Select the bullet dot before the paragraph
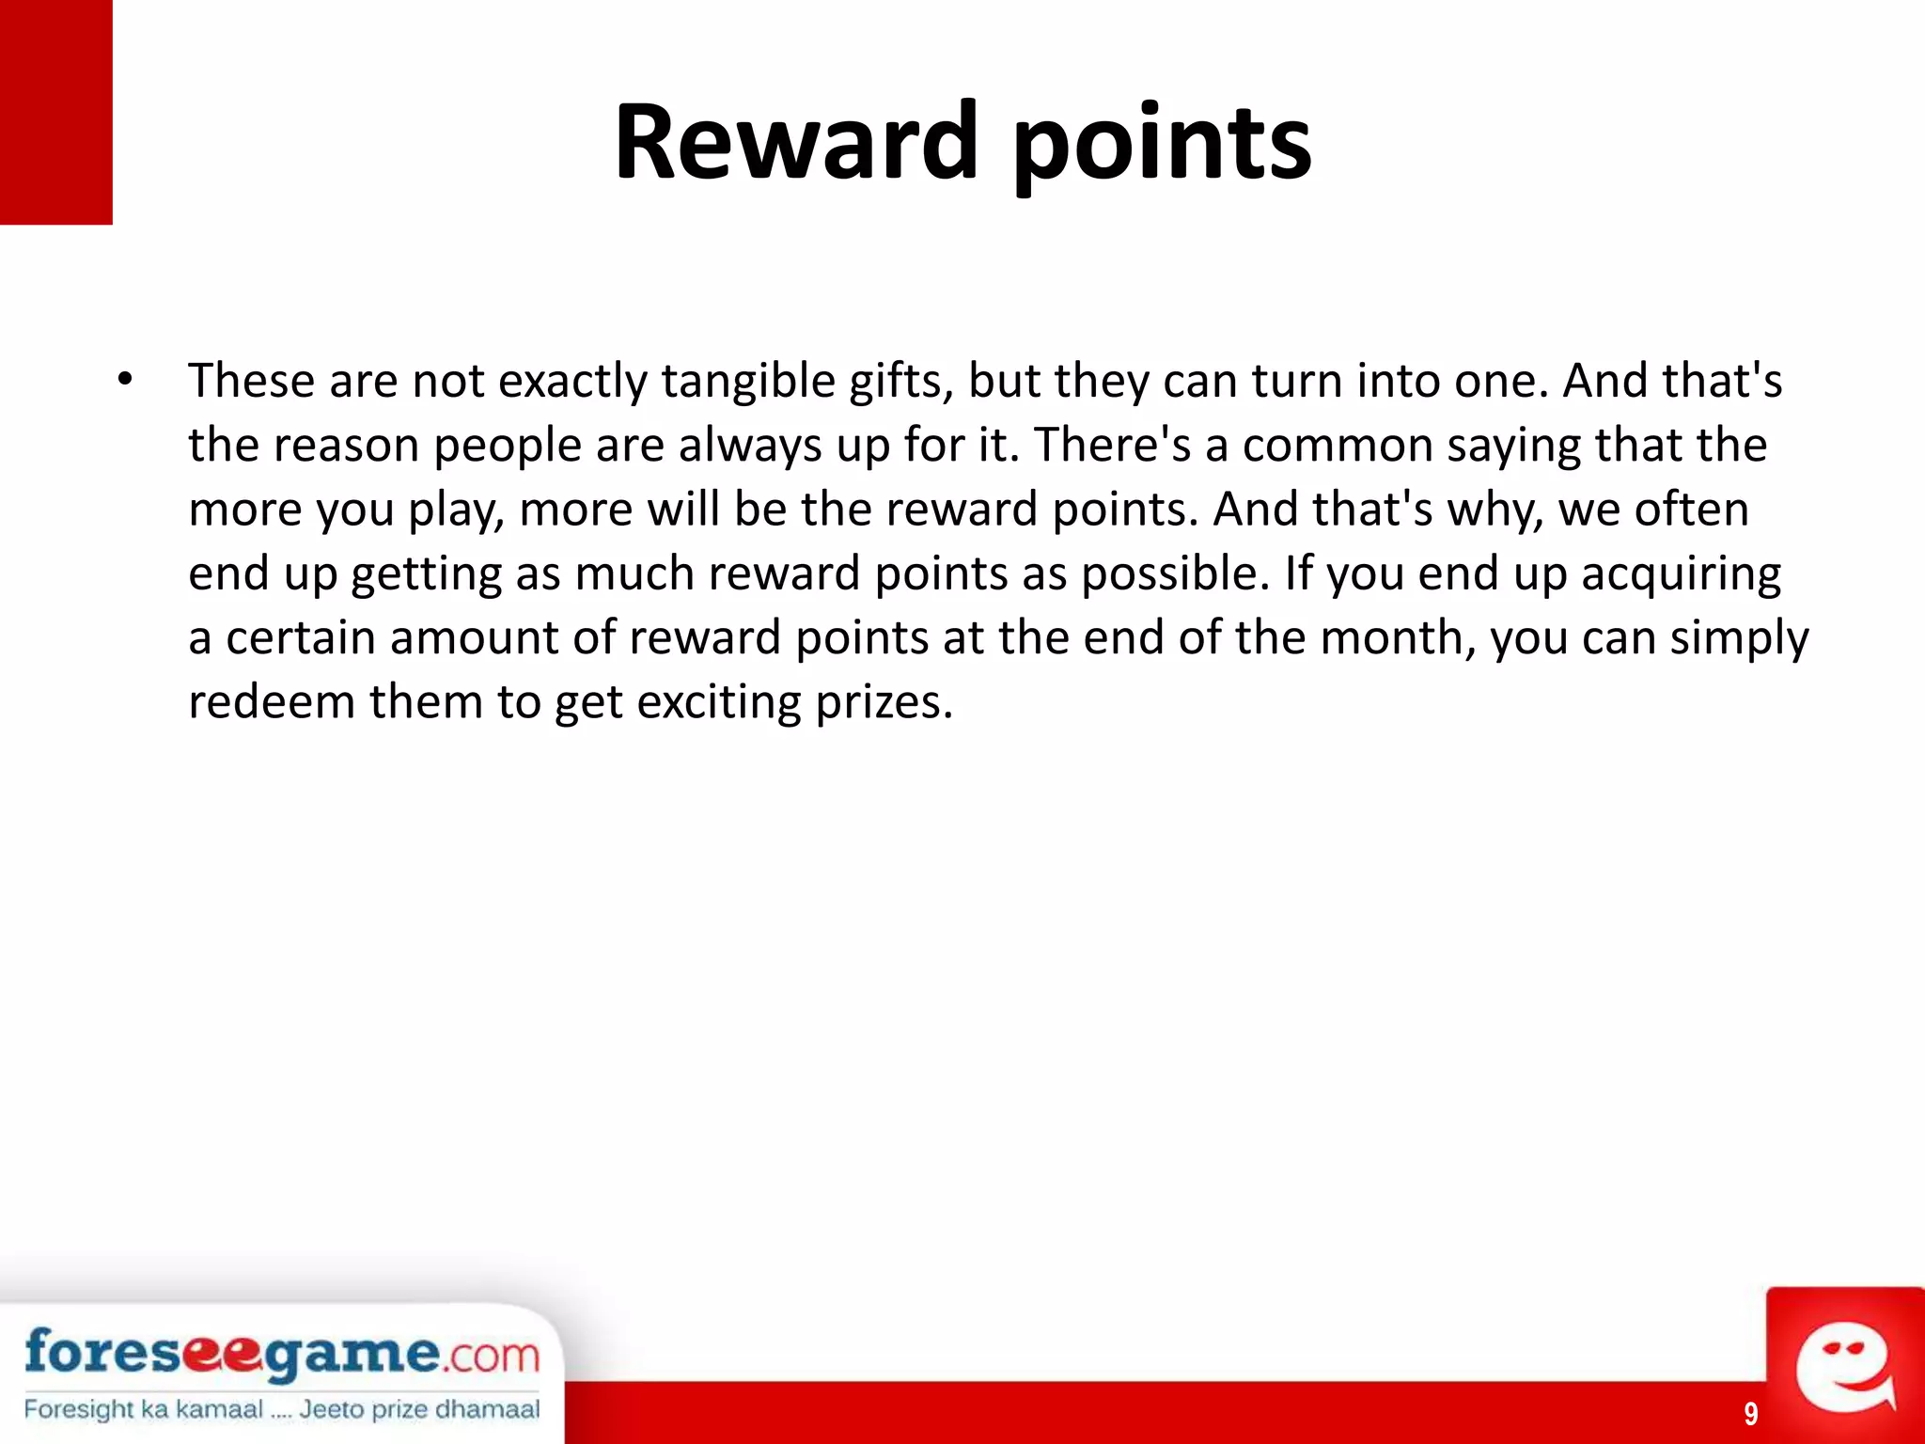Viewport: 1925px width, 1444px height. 126,381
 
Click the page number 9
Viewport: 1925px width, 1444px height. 1751,1413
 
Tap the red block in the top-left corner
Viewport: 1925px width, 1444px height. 56,112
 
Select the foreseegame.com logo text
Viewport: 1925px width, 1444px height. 282,1354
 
